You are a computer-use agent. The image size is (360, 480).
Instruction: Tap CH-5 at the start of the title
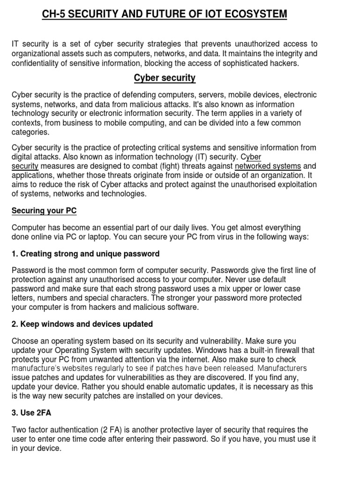[x=53, y=15]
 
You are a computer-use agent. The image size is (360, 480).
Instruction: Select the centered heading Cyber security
[x=165, y=78]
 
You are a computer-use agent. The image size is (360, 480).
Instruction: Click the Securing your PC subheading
[x=44, y=210]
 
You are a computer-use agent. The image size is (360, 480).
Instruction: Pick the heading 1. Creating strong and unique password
[x=85, y=254]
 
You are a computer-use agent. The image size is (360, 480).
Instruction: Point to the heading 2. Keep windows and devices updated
[x=82, y=324]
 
